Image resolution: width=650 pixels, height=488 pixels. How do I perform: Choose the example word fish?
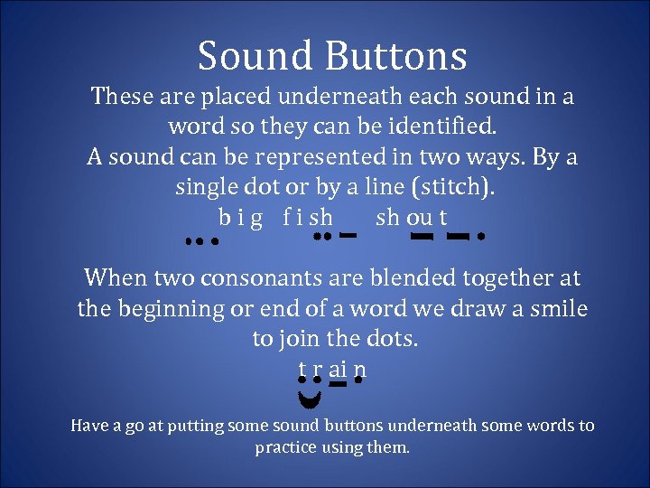tap(307, 219)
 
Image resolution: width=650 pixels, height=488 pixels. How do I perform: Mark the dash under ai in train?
tap(338, 386)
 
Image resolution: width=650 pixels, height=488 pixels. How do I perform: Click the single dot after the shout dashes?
tap(482, 238)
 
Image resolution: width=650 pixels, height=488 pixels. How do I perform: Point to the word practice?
tap(287, 447)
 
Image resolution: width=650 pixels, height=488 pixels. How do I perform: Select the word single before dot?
tap(207, 189)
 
